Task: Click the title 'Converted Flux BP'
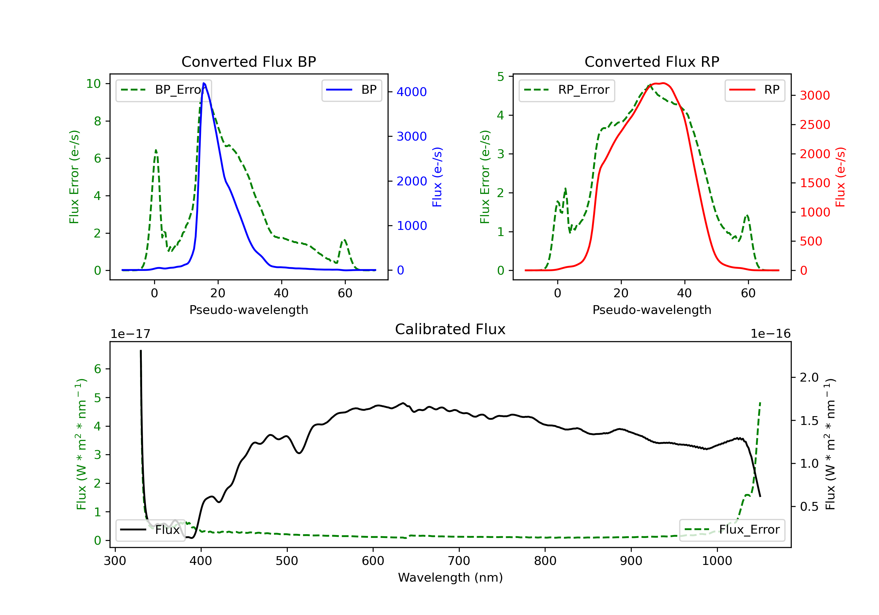tap(248, 61)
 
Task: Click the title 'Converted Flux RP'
tap(652, 61)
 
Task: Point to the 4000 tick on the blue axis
tap(412, 92)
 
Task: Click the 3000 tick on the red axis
tap(815, 95)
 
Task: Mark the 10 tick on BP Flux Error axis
tap(93, 84)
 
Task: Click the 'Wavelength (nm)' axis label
tap(450, 578)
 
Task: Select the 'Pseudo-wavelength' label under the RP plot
tap(652, 310)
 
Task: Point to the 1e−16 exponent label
tap(770, 334)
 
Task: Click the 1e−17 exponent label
tap(131, 334)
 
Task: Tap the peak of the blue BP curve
tap(204, 83)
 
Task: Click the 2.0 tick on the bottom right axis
tap(809, 378)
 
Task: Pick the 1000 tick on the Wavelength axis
tap(717, 561)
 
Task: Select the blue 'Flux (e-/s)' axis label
tap(437, 177)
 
